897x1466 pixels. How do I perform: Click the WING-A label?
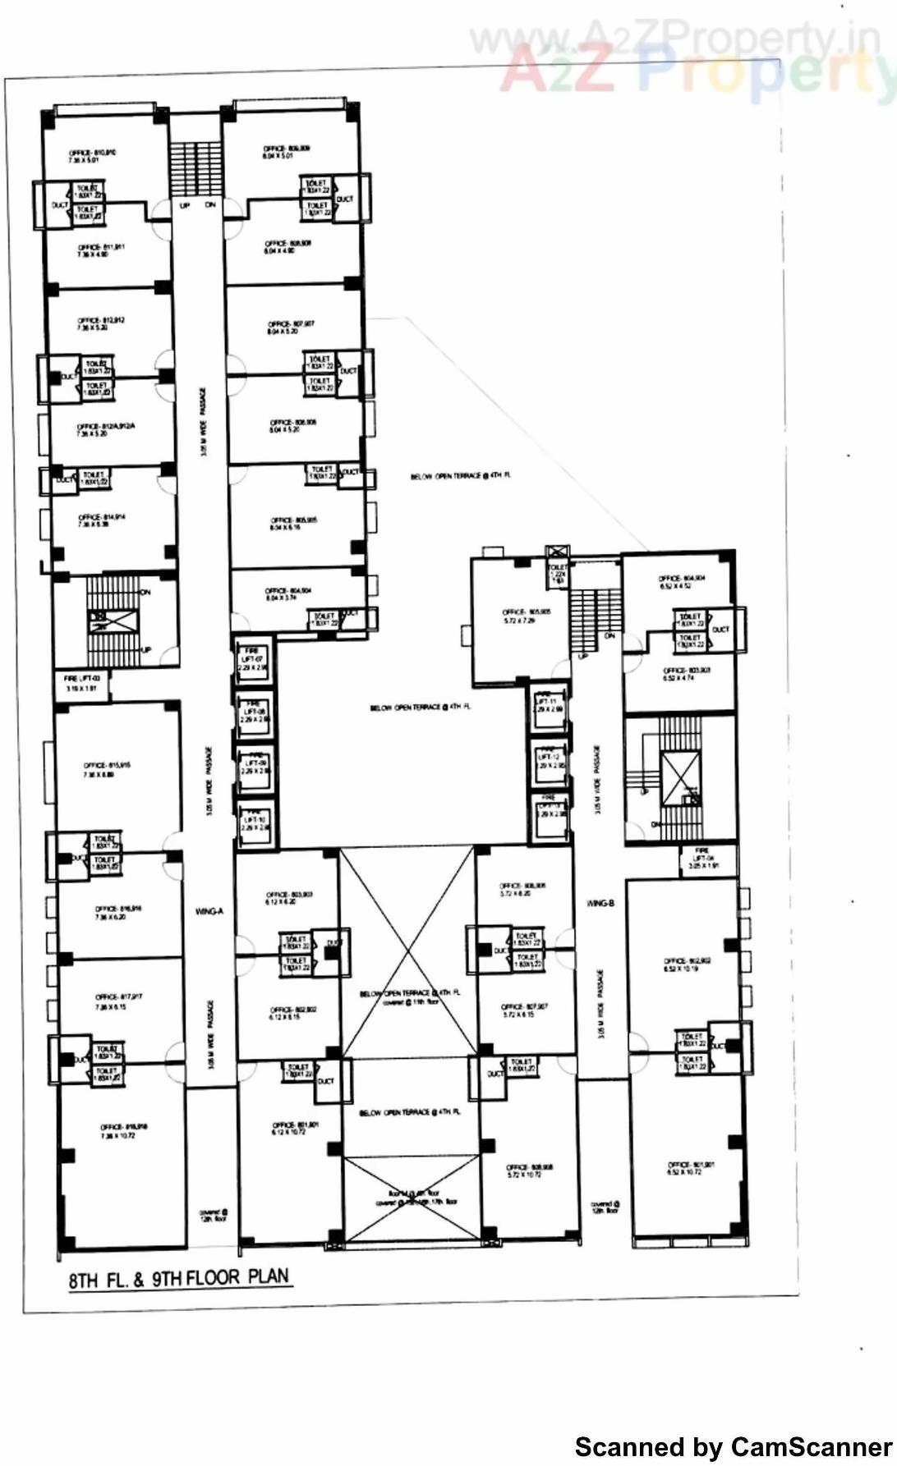point(209,911)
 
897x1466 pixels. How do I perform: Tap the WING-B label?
point(600,903)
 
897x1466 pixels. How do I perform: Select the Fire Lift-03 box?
point(82,683)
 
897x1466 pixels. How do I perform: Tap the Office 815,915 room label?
point(106,769)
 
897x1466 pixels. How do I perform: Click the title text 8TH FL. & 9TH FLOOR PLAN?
point(179,1278)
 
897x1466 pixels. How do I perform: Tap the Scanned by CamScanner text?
point(733,1446)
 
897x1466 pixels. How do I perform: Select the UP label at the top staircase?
point(184,205)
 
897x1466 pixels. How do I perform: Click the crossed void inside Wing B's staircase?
point(681,777)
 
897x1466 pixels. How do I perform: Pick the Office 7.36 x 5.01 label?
point(92,156)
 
